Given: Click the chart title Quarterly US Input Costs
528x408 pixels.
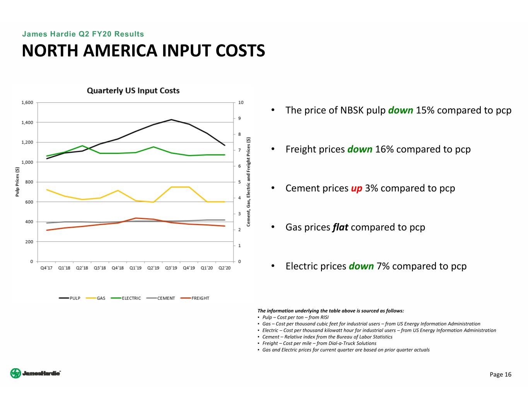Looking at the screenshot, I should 133,90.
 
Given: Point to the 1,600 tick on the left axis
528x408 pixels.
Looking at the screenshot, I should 27,102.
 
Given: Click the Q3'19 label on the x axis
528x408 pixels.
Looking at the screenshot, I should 171,268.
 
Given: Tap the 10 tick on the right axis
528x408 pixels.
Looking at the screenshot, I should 241,102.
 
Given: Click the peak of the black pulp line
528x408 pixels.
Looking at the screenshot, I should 171,119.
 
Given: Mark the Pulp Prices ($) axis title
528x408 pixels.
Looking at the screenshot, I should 17,182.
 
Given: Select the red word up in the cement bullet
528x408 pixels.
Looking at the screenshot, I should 357,188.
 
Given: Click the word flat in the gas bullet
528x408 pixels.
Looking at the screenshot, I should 340,227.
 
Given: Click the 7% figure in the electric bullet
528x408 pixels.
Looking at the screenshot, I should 383,266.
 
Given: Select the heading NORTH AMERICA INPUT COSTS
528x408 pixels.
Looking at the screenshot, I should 144,51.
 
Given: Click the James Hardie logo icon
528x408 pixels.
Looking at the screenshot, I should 15,373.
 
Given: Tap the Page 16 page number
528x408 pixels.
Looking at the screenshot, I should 500,374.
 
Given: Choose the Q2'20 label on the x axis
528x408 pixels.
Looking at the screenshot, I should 224,268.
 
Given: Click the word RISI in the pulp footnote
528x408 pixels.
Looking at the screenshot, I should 324,317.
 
